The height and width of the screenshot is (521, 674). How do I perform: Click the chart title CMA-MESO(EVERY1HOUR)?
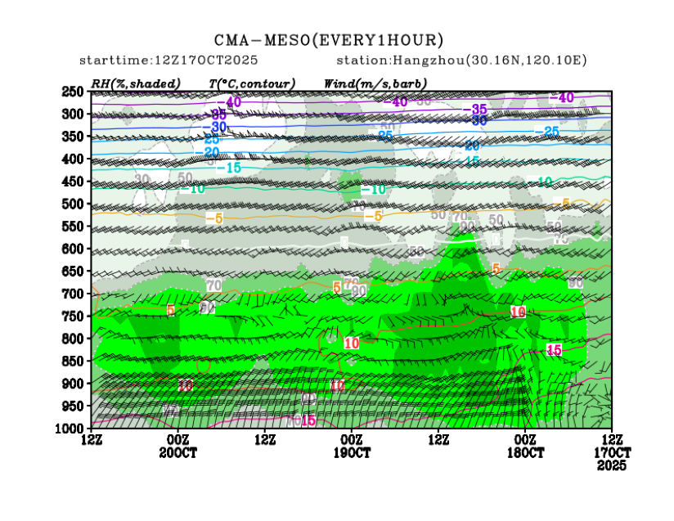pyautogui.click(x=329, y=40)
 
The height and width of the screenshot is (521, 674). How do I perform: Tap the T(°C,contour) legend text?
pyautogui.click(x=252, y=83)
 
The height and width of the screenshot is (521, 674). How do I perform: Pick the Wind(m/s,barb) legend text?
pyautogui.click(x=375, y=83)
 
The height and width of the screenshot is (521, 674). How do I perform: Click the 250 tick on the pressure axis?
pyautogui.click(x=73, y=92)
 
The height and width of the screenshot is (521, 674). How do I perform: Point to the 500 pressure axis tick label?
pyautogui.click(x=73, y=204)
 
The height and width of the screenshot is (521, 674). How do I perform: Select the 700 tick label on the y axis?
pyautogui.click(x=73, y=294)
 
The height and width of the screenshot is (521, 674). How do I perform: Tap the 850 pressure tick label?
pyautogui.click(x=73, y=361)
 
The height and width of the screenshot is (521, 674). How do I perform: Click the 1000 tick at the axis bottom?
pyautogui.click(x=70, y=428)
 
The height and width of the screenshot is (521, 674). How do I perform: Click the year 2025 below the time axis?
pyautogui.click(x=612, y=465)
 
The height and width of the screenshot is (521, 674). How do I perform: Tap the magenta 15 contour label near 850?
pyautogui.click(x=554, y=349)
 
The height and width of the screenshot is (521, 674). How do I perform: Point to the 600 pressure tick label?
pyautogui.click(x=73, y=249)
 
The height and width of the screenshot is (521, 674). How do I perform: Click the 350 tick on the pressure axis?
pyautogui.click(x=73, y=137)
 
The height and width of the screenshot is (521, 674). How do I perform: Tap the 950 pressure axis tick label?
pyautogui.click(x=73, y=406)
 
